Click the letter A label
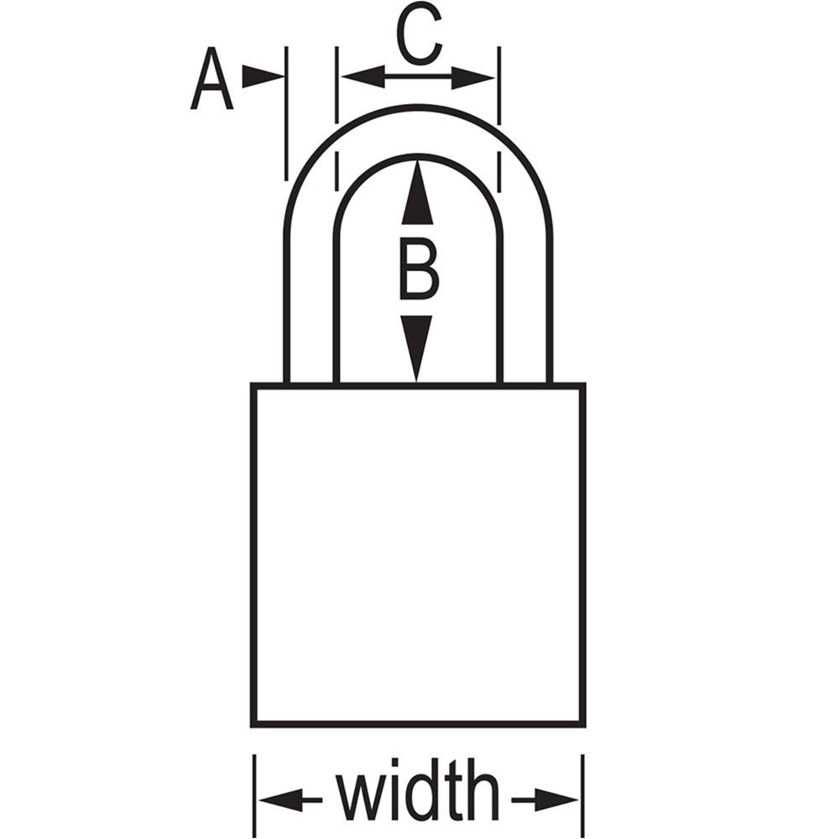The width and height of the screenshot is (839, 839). click(212, 79)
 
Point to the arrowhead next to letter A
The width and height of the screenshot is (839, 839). click(263, 76)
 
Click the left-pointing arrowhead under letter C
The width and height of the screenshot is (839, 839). click(362, 76)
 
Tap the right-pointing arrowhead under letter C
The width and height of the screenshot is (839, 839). click(473, 78)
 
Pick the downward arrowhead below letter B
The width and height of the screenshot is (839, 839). click(416, 349)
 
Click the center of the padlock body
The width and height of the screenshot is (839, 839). click(419, 555)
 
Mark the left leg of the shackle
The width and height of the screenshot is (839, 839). click(311, 310)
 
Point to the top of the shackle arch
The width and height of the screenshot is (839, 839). click(419, 108)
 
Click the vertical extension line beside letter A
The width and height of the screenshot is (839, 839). click(286, 113)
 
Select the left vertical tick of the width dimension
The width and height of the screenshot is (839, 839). click(255, 795)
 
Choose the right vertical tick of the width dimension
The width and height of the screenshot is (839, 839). click(583, 795)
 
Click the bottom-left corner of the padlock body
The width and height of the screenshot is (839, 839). click(252, 727)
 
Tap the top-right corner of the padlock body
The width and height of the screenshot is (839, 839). click(586, 383)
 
